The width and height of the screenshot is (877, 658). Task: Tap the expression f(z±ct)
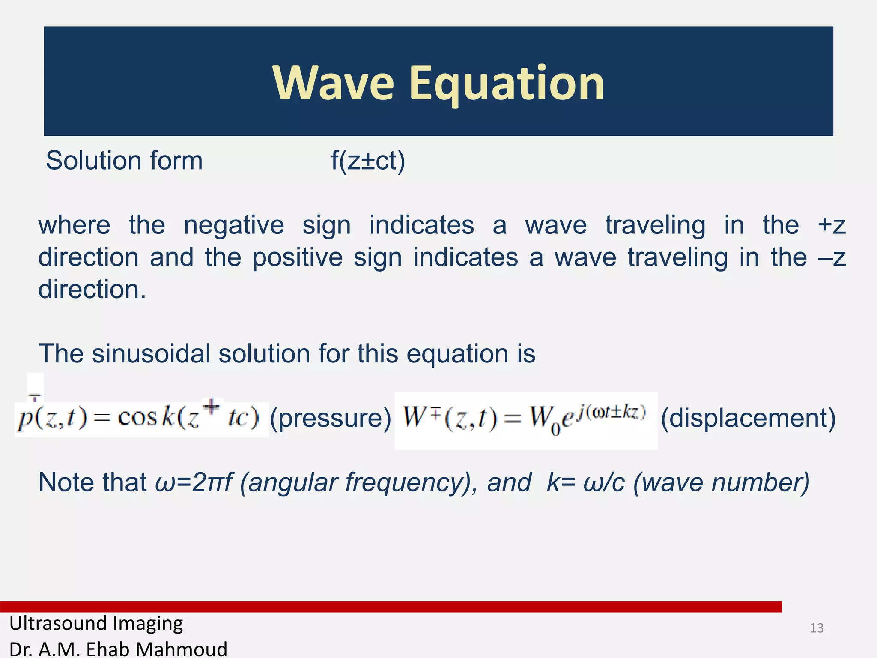pos(368,161)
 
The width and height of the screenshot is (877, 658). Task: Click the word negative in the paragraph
pos(234,225)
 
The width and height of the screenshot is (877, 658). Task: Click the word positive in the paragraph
pos(297,257)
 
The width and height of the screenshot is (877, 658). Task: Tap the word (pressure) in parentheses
pos(331,418)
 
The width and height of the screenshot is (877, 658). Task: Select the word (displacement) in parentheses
pos(748,418)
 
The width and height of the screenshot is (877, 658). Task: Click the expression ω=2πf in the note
pos(194,482)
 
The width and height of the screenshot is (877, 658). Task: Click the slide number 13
pos(817,628)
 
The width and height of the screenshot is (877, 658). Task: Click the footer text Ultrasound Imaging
pos(96,623)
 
